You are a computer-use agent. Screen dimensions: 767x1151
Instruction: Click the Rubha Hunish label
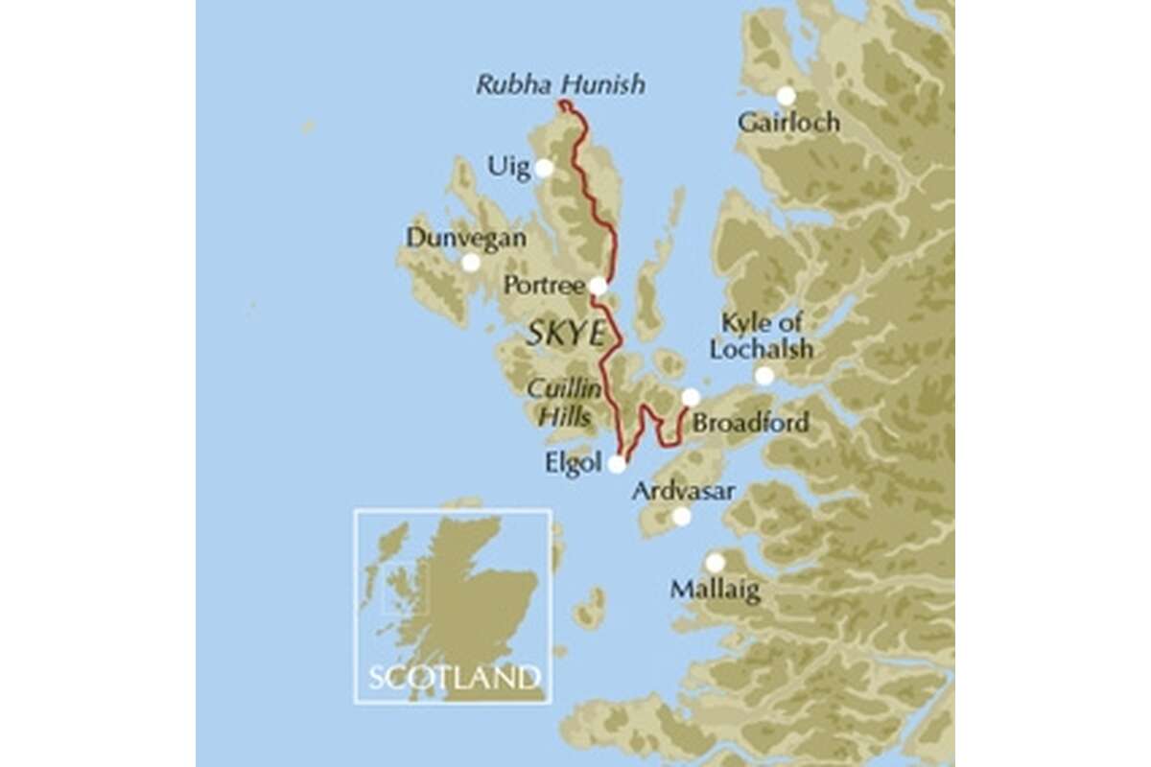point(560,85)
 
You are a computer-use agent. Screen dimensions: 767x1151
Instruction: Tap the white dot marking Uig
point(544,168)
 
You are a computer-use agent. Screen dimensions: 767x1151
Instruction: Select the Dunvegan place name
point(466,237)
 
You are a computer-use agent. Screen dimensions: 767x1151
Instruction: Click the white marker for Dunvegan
point(471,262)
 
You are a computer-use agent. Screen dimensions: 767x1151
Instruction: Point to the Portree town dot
point(598,285)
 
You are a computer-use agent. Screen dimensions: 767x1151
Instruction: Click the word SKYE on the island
point(566,335)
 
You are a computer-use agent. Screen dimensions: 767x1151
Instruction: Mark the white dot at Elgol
point(617,464)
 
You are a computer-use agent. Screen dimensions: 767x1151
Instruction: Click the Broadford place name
point(751,423)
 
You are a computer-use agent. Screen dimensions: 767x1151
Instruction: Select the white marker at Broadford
point(691,397)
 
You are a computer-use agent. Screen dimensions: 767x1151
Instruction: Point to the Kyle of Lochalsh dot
point(763,376)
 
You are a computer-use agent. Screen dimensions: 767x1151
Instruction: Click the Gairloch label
point(789,122)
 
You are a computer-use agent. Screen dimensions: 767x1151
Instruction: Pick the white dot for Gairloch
point(786,96)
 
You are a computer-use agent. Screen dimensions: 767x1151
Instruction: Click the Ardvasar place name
point(684,491)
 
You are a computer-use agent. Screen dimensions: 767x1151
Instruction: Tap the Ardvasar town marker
point(681,517)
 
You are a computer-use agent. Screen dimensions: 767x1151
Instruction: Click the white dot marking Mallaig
point(715,563)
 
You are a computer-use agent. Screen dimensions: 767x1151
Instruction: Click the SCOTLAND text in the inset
point(453,677)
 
